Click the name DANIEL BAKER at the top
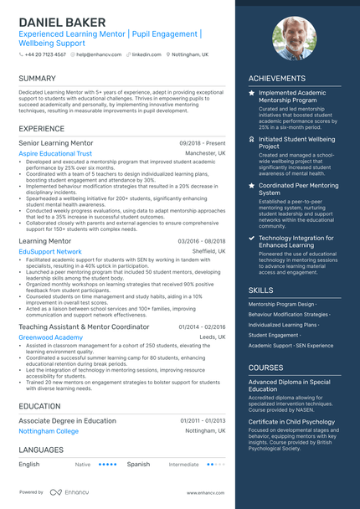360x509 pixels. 62,22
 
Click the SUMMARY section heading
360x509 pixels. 37,79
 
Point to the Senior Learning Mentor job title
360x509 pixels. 56,143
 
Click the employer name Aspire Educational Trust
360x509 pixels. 55,154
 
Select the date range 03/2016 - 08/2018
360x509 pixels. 202,241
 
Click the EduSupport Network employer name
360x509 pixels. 50,251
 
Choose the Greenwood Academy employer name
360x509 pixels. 50,337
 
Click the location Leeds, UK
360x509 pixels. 213,337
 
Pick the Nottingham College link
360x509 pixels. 49,431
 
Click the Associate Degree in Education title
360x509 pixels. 67,420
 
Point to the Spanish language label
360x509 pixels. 138,464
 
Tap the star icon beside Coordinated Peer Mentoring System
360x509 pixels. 252,185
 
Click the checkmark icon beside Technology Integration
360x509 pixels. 252,238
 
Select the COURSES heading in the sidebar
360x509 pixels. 265,367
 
